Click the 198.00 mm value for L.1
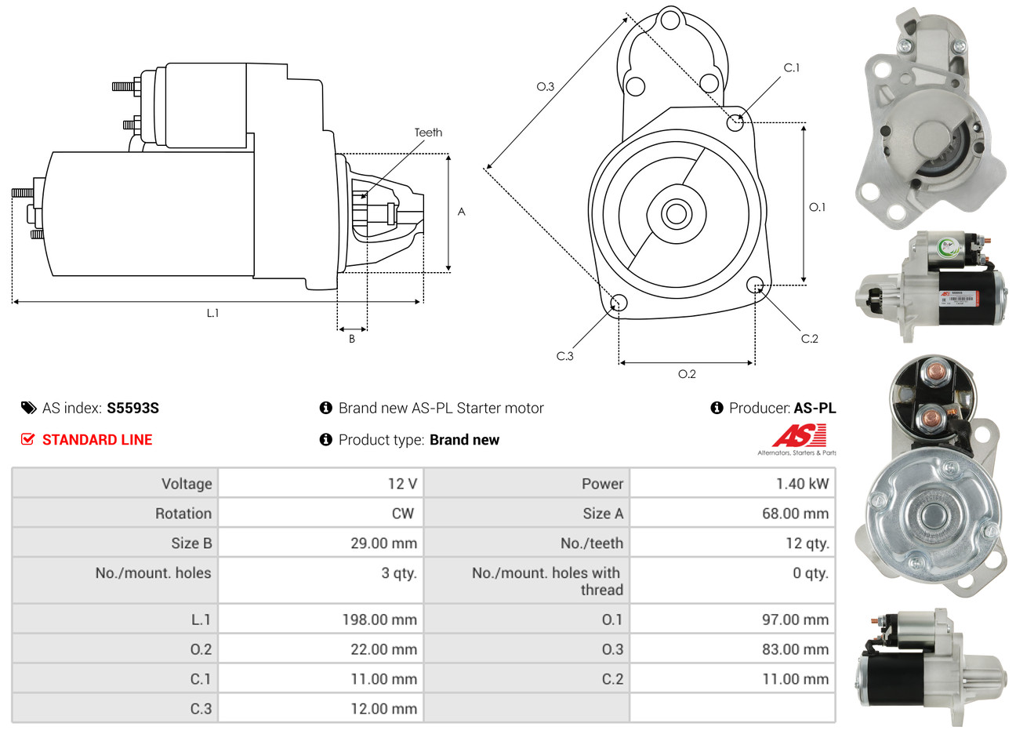379,620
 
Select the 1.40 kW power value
802,484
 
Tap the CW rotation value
403,513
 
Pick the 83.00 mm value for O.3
795,649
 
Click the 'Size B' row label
191,543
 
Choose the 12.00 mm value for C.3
383,709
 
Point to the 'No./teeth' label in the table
591,543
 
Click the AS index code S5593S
133,408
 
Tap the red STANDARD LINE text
97,440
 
